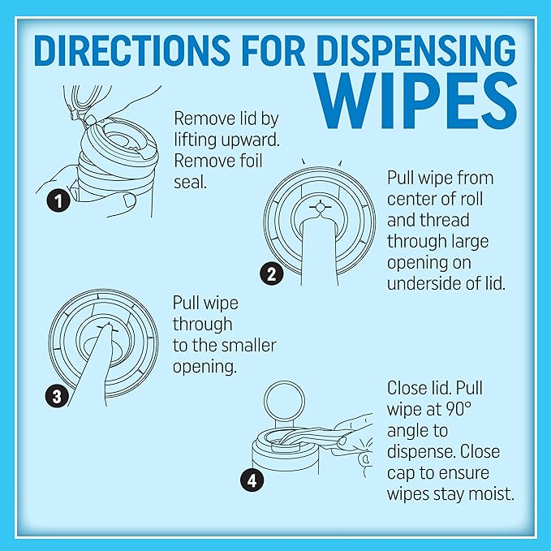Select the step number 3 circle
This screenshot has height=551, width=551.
click(55, 397)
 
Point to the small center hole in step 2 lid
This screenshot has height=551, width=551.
click(321, 209)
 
